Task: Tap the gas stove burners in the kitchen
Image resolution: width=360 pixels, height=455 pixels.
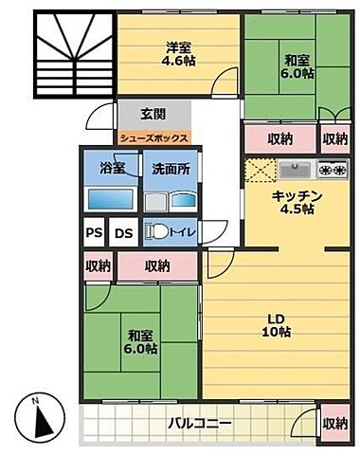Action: pos(333,171)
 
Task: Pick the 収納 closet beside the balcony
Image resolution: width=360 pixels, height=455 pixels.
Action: pos(333,423)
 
